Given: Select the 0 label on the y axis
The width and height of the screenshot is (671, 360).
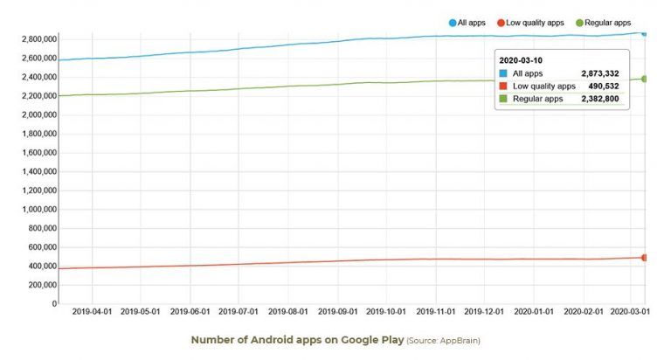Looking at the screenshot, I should point(53,304).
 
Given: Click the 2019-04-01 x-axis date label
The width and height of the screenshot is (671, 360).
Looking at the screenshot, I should point(91,310).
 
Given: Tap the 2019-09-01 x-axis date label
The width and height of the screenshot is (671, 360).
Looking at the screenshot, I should point(337,310).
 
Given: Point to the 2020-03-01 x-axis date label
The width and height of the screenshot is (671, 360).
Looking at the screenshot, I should point(631,310).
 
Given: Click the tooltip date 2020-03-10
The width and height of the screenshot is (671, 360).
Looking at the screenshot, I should point(522,60).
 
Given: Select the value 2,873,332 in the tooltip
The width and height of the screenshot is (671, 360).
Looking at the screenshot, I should point(599,73).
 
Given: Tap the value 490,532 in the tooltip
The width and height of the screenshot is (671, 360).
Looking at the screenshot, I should point(605,86).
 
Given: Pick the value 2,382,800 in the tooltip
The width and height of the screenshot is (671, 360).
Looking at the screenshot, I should point(599,98).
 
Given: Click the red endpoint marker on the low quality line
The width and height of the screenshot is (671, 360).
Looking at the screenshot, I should point(645,258).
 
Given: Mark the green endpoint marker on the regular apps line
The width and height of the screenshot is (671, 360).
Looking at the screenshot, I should point(645,79).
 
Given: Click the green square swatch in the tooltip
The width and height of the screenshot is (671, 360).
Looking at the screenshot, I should point(503,98).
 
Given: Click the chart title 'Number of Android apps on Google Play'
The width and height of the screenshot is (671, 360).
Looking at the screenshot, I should point(297,340).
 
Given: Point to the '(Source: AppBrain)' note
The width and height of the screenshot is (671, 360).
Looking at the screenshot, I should point(443,341).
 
